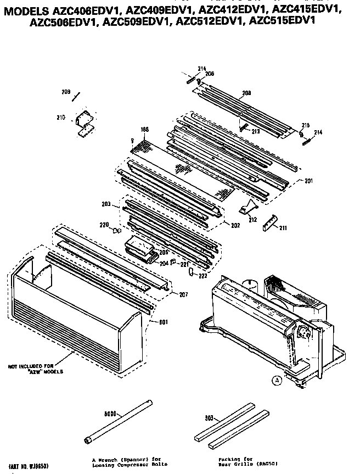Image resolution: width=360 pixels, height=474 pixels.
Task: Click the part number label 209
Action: point(65,91)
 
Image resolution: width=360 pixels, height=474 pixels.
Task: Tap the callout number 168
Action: point(145,130)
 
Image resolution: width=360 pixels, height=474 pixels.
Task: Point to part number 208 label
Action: point(246,93)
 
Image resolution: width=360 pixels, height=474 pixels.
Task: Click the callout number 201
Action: point(308,182)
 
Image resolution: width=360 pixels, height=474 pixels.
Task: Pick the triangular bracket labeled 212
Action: point(249,208)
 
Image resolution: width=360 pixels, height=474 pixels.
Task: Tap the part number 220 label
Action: point(103,224)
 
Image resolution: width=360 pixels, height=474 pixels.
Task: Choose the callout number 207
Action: point(183,295)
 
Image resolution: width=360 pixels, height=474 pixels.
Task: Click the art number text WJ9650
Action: point(30,456)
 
